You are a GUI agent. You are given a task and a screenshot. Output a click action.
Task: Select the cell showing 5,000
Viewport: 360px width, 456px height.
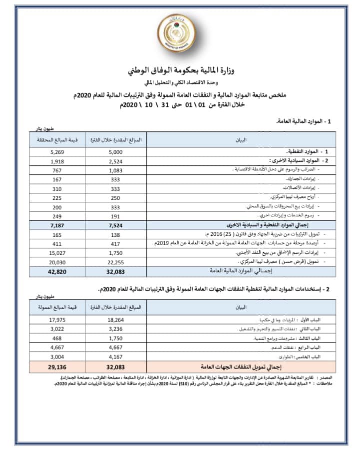click(115, 151)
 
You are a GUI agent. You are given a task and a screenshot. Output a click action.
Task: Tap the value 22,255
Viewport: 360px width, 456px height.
click(115, 261)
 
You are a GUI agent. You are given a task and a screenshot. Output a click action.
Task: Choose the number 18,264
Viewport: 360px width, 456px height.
click(115, 320)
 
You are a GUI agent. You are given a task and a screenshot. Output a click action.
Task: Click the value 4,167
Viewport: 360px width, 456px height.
click(115, 357)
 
